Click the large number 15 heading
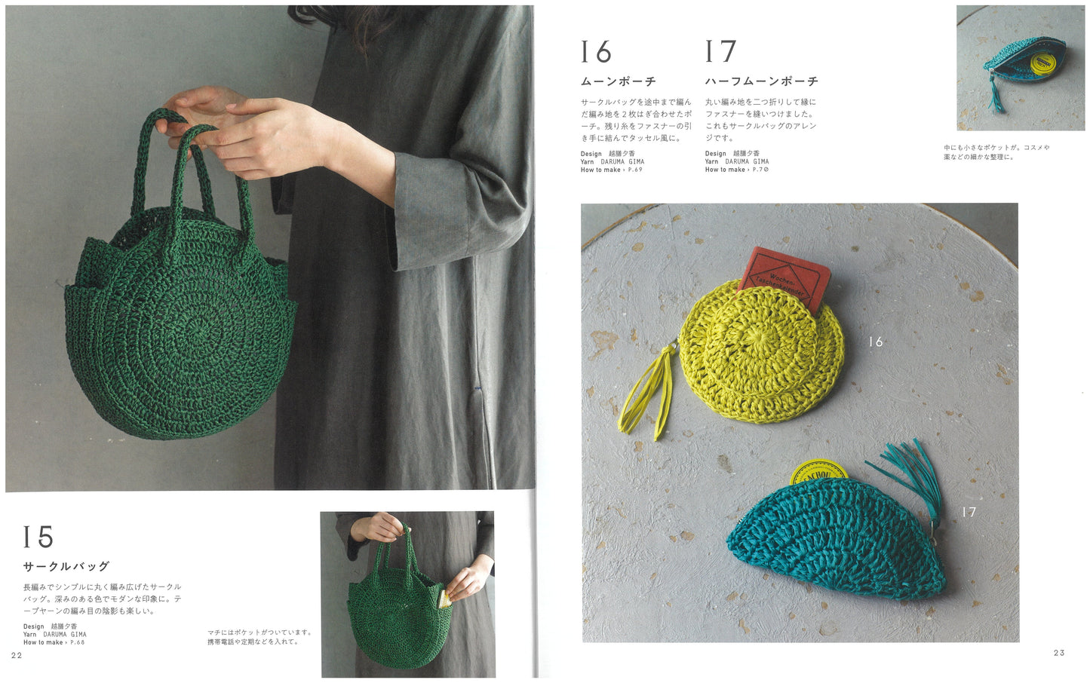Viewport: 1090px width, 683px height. coord(38,537)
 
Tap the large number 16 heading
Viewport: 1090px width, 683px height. coord(596,51)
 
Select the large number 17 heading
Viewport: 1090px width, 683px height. coord(720,51)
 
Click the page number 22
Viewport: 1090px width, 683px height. coord(17,655)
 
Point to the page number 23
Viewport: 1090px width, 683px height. coord(1059,653)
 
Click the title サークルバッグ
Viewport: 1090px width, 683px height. coord(66,566)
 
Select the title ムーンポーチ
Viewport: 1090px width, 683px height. coord(619,81)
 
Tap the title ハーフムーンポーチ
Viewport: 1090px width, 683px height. coord(762,81)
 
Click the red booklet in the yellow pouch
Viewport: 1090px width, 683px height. coord(784,277)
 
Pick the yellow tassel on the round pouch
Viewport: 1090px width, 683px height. coord(647,389)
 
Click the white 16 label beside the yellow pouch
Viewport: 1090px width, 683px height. coord(876,342)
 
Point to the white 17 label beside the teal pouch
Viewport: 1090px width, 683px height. coord(969,512)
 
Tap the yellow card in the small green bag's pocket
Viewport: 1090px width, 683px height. coord(444,599)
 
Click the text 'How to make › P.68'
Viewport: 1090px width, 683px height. coord(54,642)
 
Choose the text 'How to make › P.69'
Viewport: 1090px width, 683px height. coord(611,170)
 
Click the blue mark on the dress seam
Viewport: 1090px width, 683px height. coord(477,388)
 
